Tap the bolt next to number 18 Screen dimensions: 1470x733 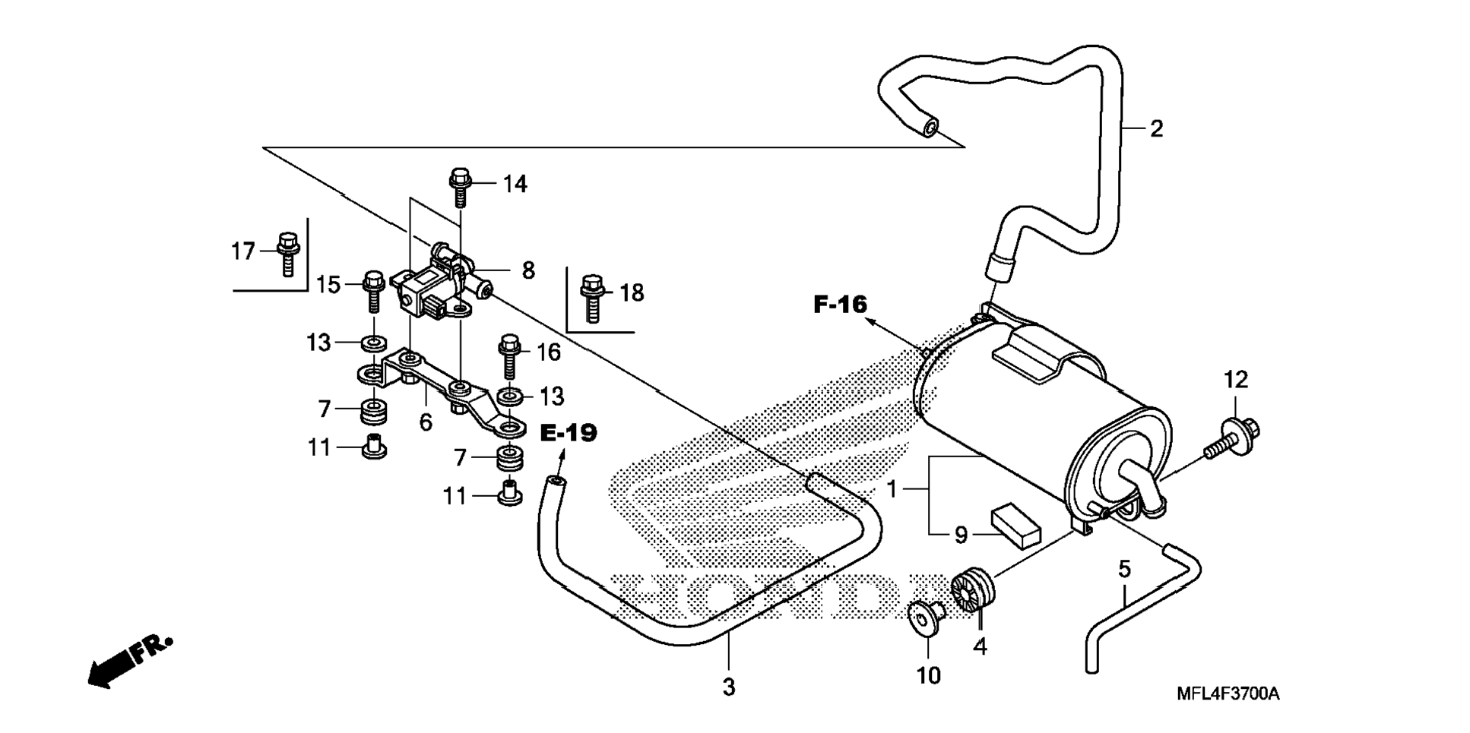point(593,298)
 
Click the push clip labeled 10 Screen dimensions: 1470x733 point(927,619)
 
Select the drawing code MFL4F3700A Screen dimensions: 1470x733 point(1228,694)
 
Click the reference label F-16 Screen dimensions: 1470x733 point(840,305)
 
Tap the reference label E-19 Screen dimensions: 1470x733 point(569,434)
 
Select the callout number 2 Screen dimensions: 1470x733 point(1156,128)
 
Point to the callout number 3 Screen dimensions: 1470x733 point(729,687)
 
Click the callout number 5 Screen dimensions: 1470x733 point(1125,568)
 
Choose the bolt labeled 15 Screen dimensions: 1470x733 point(372,291)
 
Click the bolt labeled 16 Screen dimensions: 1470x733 point(509,357)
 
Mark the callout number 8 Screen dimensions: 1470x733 point(527,270)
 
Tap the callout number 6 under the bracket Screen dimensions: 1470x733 point(426,422)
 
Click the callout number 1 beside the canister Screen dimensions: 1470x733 point(892,490)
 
